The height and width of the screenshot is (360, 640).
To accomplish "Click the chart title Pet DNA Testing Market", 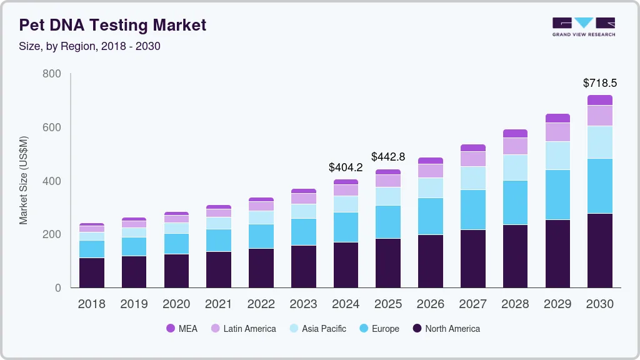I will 112,25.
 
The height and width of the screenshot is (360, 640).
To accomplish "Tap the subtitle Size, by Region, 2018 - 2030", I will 90,46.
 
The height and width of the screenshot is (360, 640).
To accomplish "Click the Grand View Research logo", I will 583,27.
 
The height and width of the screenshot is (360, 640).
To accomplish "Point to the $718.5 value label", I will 600,83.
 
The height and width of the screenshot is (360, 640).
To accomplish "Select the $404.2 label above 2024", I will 346,167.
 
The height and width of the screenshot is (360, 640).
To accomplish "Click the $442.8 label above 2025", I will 388,157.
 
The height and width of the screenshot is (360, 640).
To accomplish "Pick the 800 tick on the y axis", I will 51,74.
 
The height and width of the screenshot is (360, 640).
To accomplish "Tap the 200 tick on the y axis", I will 51,234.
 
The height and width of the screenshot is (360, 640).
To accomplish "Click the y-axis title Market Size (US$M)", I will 24,180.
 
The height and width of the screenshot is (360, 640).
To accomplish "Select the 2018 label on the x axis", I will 91,304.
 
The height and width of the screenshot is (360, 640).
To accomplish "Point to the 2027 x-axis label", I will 473,304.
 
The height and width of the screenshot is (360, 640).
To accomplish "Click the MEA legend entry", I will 182,329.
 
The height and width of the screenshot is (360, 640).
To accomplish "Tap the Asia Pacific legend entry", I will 317,329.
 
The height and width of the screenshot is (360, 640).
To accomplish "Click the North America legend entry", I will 446,329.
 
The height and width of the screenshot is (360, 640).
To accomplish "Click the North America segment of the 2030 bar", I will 600,250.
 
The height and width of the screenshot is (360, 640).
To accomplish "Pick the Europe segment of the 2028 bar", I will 515,202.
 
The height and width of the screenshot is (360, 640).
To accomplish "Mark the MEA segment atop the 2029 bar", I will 557,118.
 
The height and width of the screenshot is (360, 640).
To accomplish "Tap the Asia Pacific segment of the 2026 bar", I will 431,187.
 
